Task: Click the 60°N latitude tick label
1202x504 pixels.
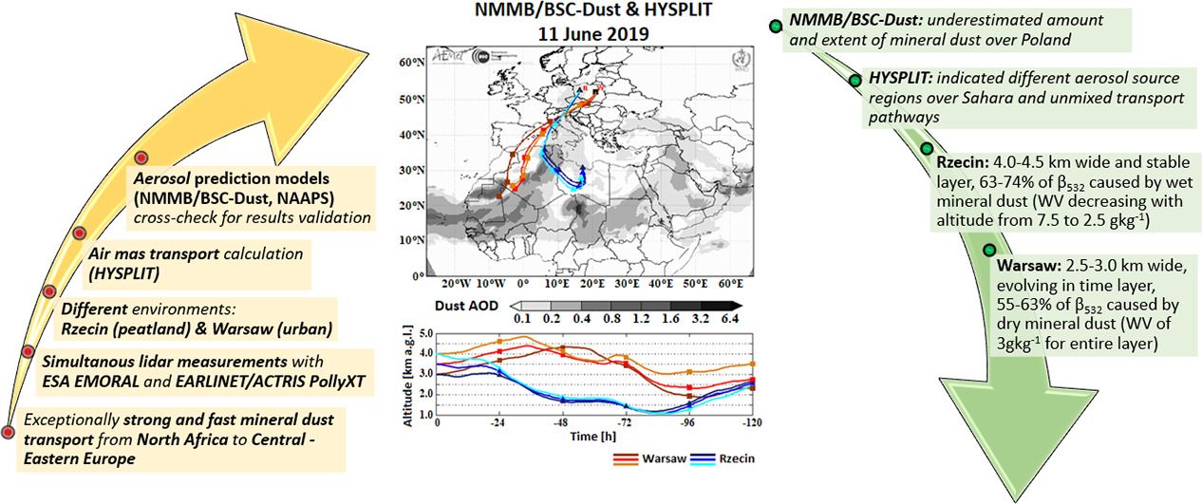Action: tap(410, 62)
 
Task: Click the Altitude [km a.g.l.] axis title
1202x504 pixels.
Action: tap(408, 373)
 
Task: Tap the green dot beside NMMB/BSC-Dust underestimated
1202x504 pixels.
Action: tap(776, 26)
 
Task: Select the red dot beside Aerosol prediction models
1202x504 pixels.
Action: tap(141, 158)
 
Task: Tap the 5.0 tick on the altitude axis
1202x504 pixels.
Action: tap(425, 333)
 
